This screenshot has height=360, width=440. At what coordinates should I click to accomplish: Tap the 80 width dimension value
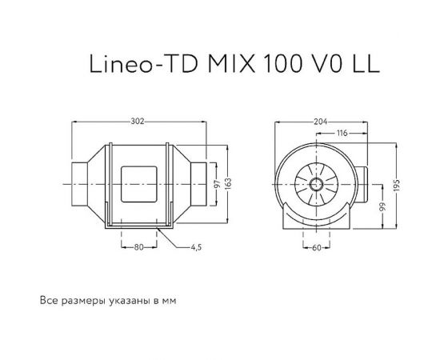(x=138, y=247)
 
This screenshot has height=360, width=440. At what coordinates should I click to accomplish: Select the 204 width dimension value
(x=321, y=122)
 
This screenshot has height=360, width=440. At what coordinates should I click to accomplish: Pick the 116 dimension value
(x=342, y=134)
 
